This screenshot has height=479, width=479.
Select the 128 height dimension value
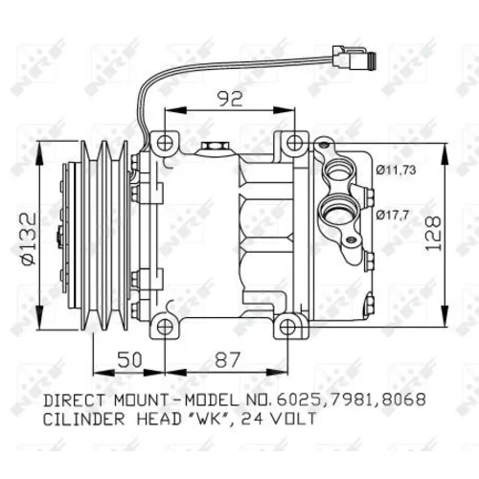coord(434,233)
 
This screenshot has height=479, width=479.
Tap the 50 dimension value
coord(129,360)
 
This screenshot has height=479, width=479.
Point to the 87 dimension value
coord(227,360)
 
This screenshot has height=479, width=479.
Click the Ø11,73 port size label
coord(396,171)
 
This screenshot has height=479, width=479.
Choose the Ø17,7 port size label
coord(392,216)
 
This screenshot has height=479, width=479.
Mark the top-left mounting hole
coord(165,143)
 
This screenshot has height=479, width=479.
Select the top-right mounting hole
coord(294,143)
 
